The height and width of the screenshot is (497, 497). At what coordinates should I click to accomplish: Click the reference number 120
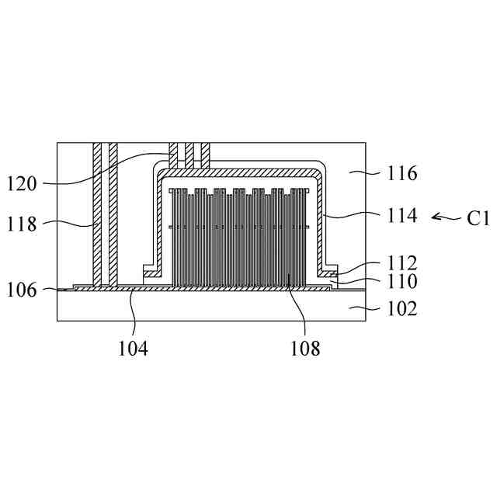pos(22,184)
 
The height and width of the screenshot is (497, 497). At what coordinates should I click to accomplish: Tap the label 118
pos(22,224)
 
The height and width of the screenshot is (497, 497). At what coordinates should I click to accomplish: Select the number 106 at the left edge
pos(22,290)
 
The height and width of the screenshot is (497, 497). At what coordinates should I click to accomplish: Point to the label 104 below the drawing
pos(134,349)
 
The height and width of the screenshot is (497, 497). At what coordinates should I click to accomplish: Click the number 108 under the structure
pos(305,349)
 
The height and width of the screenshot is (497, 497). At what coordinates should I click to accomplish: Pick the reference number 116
pos(402,173)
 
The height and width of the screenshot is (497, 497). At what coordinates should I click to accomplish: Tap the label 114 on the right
pos(402,215)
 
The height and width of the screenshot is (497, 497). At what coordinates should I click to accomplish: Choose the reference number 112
pos(402,263)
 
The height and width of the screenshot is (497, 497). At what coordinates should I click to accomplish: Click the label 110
pos(402,280)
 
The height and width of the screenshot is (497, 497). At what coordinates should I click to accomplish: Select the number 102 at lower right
pos(402,308)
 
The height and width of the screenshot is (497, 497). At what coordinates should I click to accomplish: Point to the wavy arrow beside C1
pos(447,217)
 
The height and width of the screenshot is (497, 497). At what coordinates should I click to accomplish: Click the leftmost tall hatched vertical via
pos(96,213)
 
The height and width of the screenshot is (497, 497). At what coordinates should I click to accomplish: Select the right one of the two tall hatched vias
pos(113,213)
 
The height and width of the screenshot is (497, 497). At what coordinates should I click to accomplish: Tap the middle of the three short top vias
pos(189,155)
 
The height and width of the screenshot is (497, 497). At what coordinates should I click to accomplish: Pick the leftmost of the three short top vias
pos(174,155)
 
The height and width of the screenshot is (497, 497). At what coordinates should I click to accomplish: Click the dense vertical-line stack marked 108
pos(241,237)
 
